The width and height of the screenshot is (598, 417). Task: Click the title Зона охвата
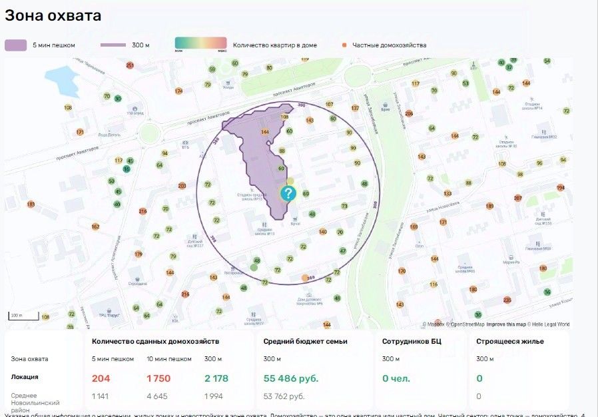pyautogui.click(x=54, y=15)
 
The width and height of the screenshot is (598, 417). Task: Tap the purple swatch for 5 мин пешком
pyautogui.click(x=16, y=45)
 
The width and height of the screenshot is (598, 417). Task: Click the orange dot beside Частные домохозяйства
pyautogui.click(x=344, y=45)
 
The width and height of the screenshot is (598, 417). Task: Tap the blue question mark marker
pyautogui.click(x=288, y=194)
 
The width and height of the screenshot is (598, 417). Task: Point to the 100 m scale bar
pyautogui.click(x=15, y=315)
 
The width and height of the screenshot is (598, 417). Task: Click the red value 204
pyautogui.click(x=101, y=378)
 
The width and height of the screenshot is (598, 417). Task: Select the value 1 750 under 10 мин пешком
pyautogui.click(x=158, y=378)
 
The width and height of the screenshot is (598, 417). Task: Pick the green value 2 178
pyautogui.click(x=216, y=378)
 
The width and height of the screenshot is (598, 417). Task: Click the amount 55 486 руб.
pyautogui.click(x=291, y=378)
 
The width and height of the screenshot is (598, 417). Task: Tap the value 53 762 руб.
pyautogui.click(x=284, y=396)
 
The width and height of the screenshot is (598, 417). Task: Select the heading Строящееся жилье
pyautogui.click(x=510, y=341)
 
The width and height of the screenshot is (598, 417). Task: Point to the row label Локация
pyautogui.click(x=25, y=376)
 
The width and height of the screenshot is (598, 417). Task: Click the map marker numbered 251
pyautogui.click(x=130, y=65)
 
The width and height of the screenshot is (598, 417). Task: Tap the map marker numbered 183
pyautogui.click(x=31, y=204)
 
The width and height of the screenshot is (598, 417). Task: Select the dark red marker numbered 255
pyautogui.click(x=507, y=300)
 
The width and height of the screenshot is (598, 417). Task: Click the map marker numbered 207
pyautogui.click(x=518, y=199)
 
